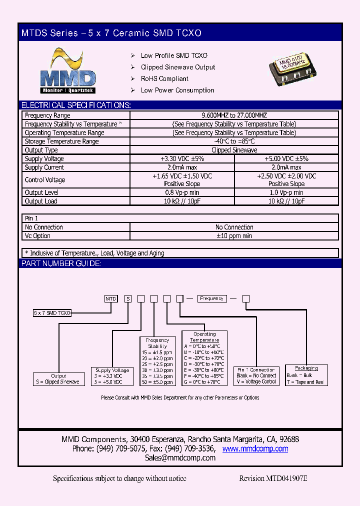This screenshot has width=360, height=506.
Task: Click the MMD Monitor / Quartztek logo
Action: pyautogui.click(x=67, y=71)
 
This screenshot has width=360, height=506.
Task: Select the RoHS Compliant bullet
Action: pyautogui.click(x=164, y=79)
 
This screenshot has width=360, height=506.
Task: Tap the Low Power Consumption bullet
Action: pyautogui.click(x=177, y=90)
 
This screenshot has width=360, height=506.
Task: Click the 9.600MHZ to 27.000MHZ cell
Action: pyautogui.click(x=234, y=115)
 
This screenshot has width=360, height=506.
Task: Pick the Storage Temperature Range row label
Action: pyautogui.click(x=61, y=141)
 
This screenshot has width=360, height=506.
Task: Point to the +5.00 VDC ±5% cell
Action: pyautogui.click(x=286, y=158)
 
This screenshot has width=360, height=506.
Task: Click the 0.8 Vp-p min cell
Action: pyautogui.click(x=182, y=192)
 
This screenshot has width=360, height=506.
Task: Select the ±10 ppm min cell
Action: pyautogui.click(x=234, y=236)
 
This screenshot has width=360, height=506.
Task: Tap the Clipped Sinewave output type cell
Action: pyautogui.click(x=234, y=150)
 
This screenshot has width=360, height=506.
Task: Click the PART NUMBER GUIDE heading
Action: pyautogui.click(x=61, y=263)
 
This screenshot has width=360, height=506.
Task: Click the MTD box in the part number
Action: pyautogui.click(x=110, y=299)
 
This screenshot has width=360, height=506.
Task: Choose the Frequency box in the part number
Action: pyautogui.click(x=211, y=298)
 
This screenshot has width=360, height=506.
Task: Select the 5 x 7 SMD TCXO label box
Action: pyautogui.click(x=52, y=312)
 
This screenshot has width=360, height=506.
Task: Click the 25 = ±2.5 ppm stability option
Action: pyautogui.click(x=157, y=365)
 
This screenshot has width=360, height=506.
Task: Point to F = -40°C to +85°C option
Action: pyautogui.click(x=205, y=375)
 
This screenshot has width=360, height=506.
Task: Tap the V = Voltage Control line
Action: pyautogui.click(x=256, y=381)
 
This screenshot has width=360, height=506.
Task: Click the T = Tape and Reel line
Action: pyautogui.click(x=305, y=382)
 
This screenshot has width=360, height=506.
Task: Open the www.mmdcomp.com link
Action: pyautogui.click(x=255, y=449)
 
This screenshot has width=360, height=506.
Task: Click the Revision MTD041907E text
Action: pyautogui.click(x=273, y=478)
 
